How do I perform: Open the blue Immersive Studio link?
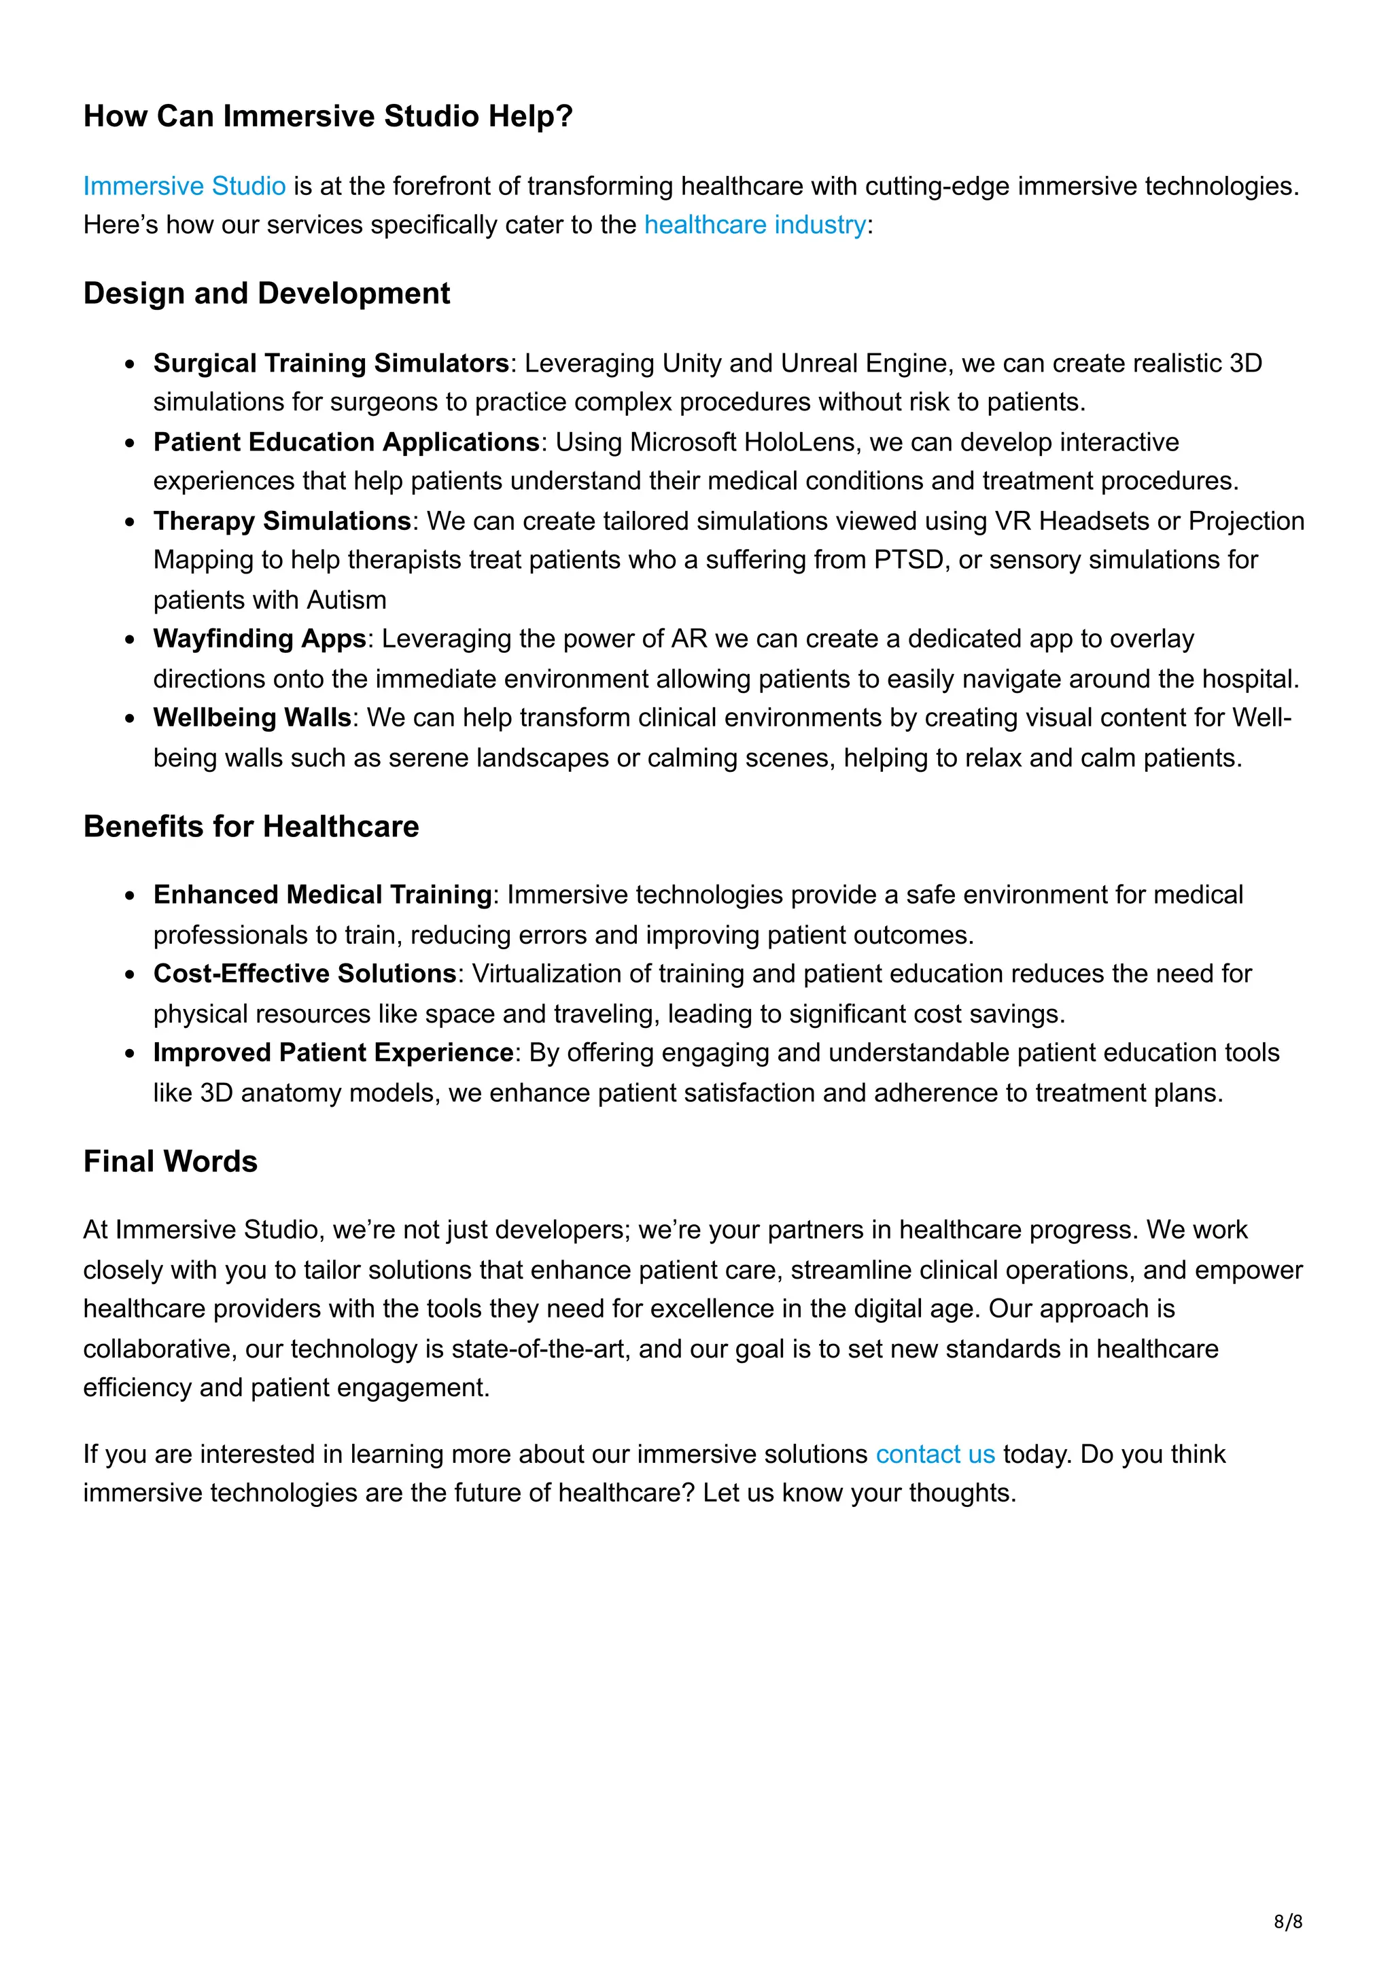click(x=184, y=186)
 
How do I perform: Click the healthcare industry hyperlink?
click(x=754, y=225)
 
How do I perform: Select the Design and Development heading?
click(x=266, y=294)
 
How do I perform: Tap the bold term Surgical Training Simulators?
click(x=331, y=363)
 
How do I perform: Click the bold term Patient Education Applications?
click(x=346, y=442)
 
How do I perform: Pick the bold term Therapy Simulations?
click(x=282, y=520)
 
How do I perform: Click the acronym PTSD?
click(x=907, y=560)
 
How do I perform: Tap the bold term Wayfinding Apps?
click(x=259, y=639)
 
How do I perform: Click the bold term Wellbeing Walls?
click(x=252, y=717)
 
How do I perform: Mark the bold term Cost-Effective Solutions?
click(x=304, y=974)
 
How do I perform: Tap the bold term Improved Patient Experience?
click(x=333, y=1052)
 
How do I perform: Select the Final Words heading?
click(x=170, y=1161)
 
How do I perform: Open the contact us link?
click(x=935, y=1455)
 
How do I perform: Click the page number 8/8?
click(x=1287, y=1922)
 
